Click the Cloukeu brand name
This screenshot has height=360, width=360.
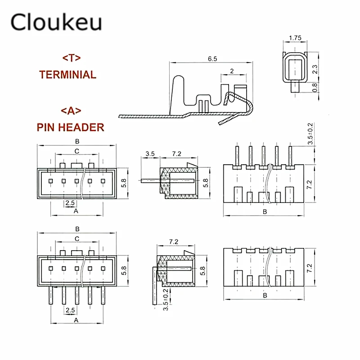pos(56,22)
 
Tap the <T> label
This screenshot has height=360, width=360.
pos(71,58)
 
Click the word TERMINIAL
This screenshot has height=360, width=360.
pos(67,74)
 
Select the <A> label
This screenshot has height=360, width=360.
pos(71,110)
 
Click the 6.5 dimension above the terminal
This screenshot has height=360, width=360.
pos(212,58)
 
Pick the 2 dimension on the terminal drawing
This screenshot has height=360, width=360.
pos(231,71)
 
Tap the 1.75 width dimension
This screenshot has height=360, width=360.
pos(295,38)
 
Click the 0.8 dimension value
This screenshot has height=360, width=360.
pos(315,87)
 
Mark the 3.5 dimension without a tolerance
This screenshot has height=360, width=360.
pos(150,154)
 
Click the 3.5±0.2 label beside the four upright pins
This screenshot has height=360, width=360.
pos(310,134)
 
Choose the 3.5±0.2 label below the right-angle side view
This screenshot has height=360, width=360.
pos(166,300)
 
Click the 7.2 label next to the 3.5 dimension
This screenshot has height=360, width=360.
pos(176,154)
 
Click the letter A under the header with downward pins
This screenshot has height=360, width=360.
pos(76,320)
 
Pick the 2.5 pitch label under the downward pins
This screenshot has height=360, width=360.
pos(70,310)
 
